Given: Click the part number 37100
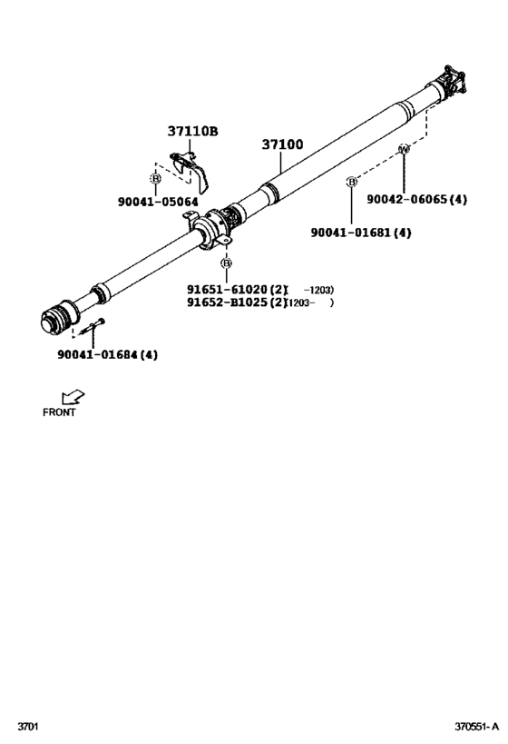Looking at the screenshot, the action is (x=282, y=144).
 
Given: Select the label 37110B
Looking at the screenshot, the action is (x=192, y=131).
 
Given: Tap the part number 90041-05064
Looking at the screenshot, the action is (x=158, y=203).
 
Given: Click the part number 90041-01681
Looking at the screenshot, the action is (x=351, y=233).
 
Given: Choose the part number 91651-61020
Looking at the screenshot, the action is (x=227, y=290).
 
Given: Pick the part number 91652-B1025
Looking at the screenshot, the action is (x=227, y=303).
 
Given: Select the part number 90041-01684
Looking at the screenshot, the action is (x=98, y=354).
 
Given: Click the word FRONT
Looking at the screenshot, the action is (x=59, y=412).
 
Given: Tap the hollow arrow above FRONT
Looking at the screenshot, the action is (x=73, y=397).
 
